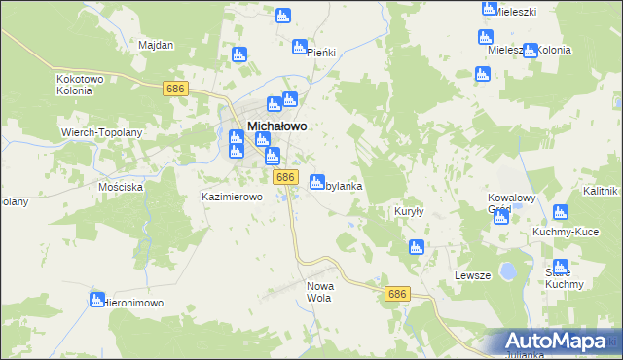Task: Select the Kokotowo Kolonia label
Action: click(74, 84)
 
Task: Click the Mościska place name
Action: click(122, 185)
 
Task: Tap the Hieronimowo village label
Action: click(135, 303)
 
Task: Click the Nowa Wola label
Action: click(320, 292)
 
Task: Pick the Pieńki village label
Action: click(320, 53)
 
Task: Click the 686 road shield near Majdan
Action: click(175, 89)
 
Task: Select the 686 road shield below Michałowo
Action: click(284, 177)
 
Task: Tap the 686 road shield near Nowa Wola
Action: click(395, 293)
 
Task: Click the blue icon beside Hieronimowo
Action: click(97, 299)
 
